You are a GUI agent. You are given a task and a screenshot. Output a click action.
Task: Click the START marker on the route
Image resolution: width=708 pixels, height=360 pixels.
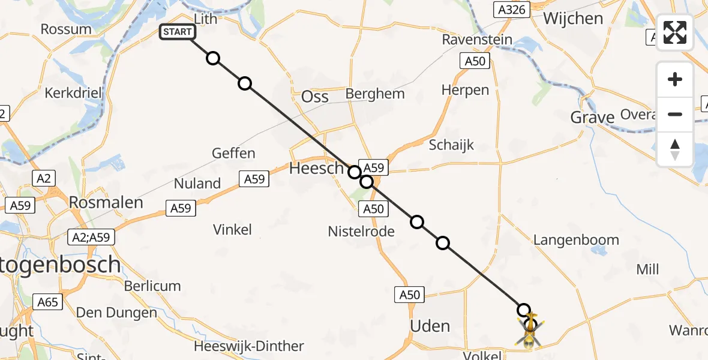pos(177,32)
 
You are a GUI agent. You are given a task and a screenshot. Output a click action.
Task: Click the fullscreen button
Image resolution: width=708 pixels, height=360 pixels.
pos(675,32)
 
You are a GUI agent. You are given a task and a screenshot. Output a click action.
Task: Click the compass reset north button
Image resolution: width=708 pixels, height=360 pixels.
pos(675,149)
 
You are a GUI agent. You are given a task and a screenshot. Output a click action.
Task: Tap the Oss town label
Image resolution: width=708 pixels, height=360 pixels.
pos(315,97)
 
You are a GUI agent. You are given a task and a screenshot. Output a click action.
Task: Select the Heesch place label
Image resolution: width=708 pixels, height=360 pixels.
pos(316,169)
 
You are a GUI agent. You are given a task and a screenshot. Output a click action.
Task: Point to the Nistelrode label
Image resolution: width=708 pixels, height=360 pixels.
pos(361,231)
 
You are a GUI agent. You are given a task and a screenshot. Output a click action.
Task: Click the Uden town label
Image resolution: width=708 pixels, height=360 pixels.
pos(430,326)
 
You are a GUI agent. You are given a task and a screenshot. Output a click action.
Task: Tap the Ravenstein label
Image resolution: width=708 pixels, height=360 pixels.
pos(477,40)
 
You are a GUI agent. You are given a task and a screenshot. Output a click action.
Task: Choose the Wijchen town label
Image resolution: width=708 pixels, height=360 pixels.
pos(573,19)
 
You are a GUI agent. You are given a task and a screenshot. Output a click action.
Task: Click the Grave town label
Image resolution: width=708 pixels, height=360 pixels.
pos(592,117)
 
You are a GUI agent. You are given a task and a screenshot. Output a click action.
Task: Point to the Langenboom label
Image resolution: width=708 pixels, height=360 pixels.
pos(576,240)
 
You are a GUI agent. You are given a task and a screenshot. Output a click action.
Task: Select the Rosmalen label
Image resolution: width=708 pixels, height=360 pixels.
pos(106,202)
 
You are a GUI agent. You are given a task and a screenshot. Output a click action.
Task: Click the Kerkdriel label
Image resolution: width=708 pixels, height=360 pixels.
pos(74,93)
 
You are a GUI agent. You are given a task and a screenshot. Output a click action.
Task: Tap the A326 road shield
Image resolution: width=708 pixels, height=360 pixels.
pos(511,9)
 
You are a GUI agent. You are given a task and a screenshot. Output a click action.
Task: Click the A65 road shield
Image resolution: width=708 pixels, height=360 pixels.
pos(47,302)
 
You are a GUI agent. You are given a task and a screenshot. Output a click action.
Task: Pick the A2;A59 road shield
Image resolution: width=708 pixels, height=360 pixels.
pos(90,237)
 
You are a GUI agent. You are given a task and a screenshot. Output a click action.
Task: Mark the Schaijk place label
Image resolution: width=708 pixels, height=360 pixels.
pos(451,145)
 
